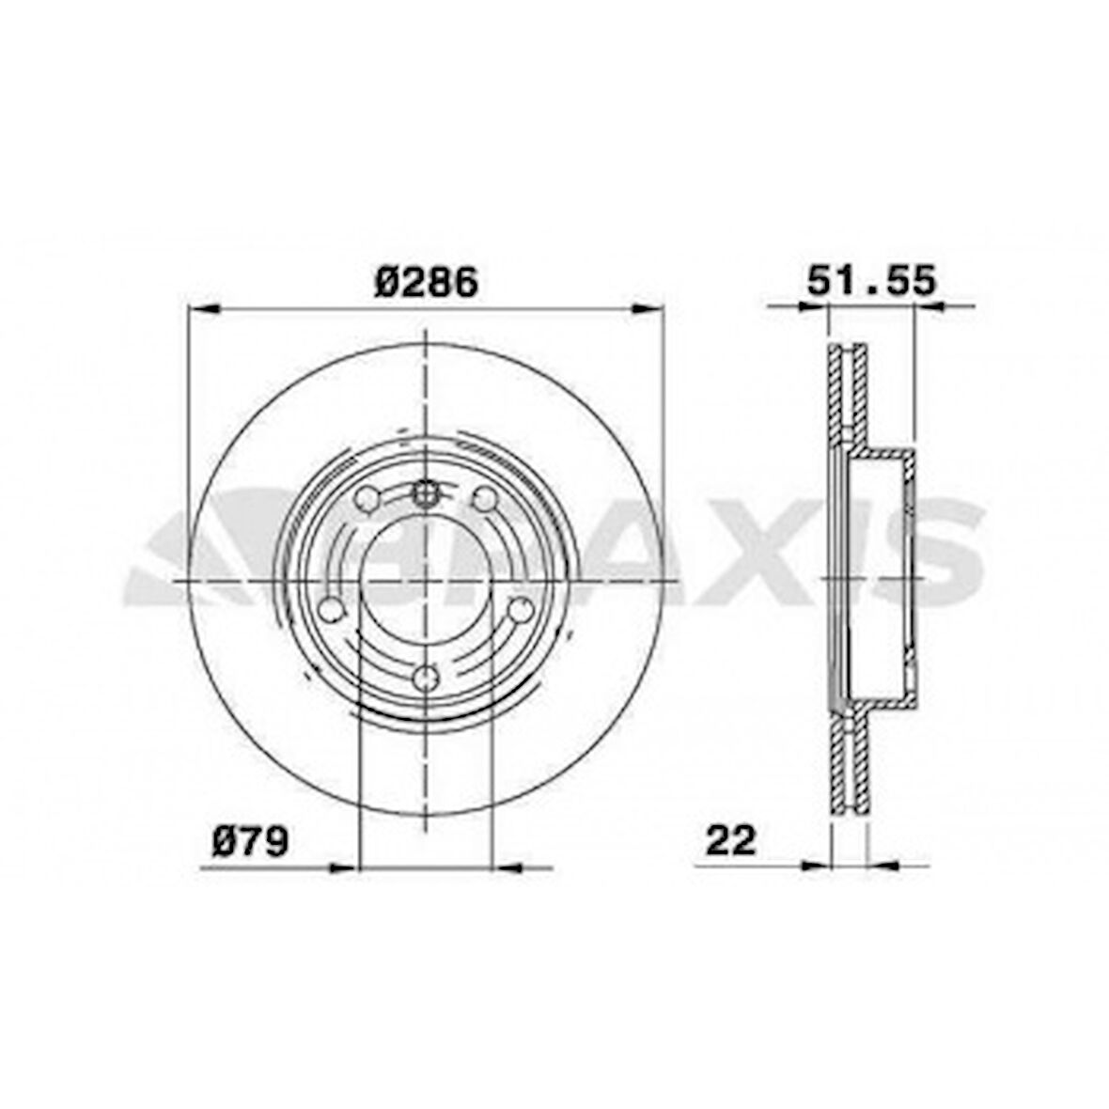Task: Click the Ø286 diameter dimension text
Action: pyautogui.click(x=426, y=282)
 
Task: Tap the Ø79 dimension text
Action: pyautogui.click(x=248, y=841)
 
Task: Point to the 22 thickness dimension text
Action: pyautogui.click(x=730, y=840)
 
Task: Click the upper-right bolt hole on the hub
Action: pyautogui.click(x=484, y=501)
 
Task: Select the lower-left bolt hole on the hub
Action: pyautogui.click(x=331, y=610)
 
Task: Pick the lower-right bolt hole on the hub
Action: pyautogui.click(x=519, y=610)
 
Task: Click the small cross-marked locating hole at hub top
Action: pyautogui.click(x=426, y=492)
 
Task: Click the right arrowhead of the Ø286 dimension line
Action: pyautogui.click(x=648, y=307)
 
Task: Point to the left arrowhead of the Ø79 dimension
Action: pyautogui.click(x=344, y=867)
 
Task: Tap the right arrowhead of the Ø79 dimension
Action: pyautogui.click(x=508, y=867)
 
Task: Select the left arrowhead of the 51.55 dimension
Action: pyautogui.click(x=813, y=305)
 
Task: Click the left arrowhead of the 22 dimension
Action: pyautogui.click(x=817, y=864)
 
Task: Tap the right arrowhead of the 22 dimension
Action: pyautogui.click(x=883, y=864)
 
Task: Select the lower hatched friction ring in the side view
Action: pyautogui.click(x=849, y=766)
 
